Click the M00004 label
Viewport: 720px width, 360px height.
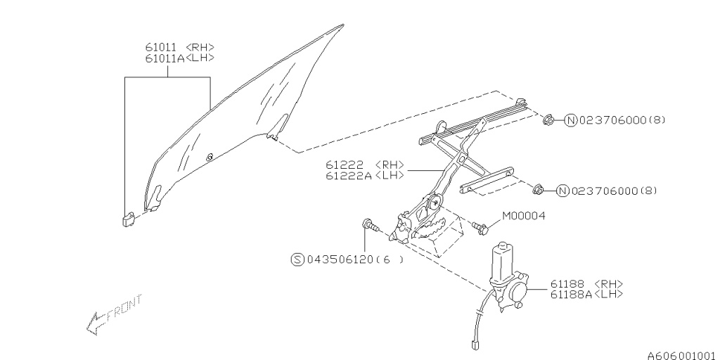[524, 216]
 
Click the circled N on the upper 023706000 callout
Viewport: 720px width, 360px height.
[570, 120]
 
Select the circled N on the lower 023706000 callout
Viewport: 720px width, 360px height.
[562, 191]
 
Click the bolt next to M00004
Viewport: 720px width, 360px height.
[482, 227]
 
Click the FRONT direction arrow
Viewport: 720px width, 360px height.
[112, 313]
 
